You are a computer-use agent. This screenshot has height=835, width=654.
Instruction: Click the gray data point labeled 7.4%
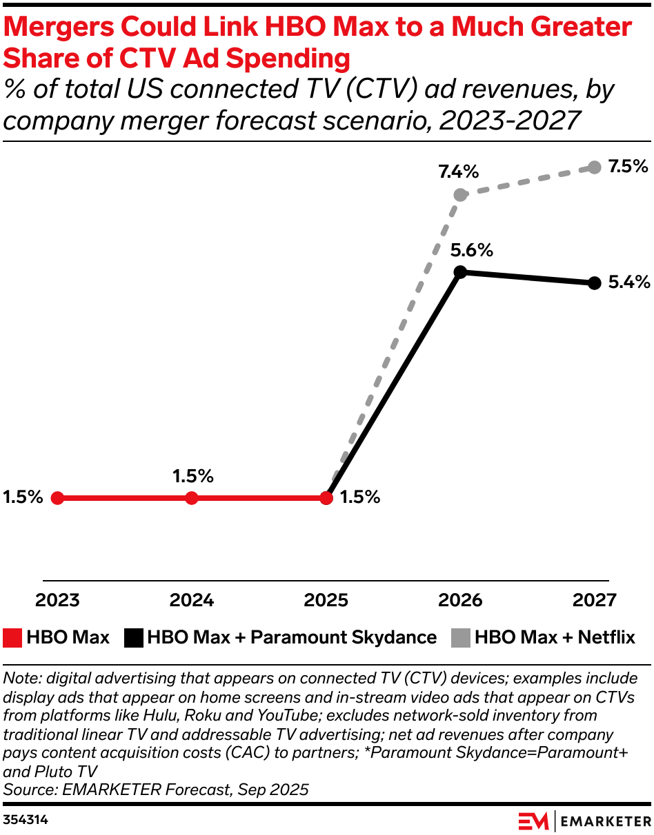460,195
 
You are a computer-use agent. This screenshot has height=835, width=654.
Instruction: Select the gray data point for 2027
595,167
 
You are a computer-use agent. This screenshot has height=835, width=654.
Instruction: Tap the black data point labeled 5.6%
460,271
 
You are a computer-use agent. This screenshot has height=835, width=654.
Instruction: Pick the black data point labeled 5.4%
595,282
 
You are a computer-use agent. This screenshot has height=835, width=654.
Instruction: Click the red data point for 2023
58,497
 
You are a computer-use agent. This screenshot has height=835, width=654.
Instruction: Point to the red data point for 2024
192,497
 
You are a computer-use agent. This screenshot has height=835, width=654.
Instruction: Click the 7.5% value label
628,166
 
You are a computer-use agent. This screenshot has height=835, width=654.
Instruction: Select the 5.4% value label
628,282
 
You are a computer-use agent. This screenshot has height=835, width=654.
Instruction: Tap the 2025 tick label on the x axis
326,600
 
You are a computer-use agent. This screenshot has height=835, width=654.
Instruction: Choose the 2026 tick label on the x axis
460,600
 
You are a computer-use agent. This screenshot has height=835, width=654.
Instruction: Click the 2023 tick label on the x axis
58,600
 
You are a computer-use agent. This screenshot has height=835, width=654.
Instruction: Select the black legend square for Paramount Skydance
134,637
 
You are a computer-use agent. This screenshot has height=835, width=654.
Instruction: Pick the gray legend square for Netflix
462,637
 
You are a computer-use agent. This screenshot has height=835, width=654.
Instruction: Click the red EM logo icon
533,821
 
